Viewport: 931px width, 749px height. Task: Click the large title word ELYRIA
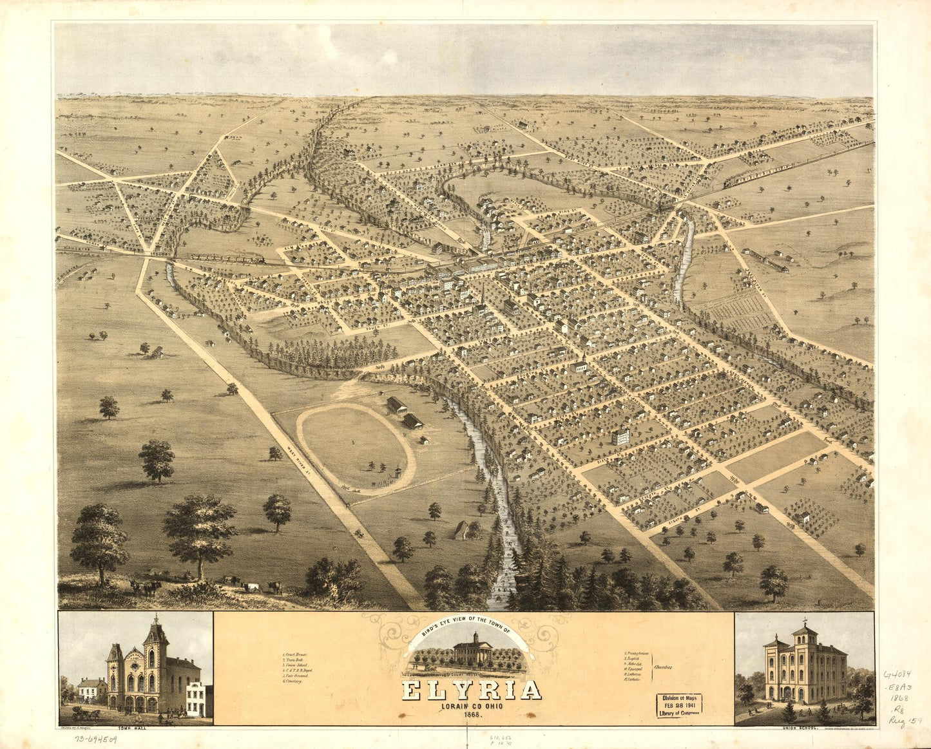click(472, 690)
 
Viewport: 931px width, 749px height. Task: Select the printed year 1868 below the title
click(472, 715)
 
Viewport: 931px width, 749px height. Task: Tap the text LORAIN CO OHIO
click(472, 705)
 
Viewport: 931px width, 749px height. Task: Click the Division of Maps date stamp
click(679, 704)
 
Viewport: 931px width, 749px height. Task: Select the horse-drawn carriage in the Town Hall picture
click(84, 714)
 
